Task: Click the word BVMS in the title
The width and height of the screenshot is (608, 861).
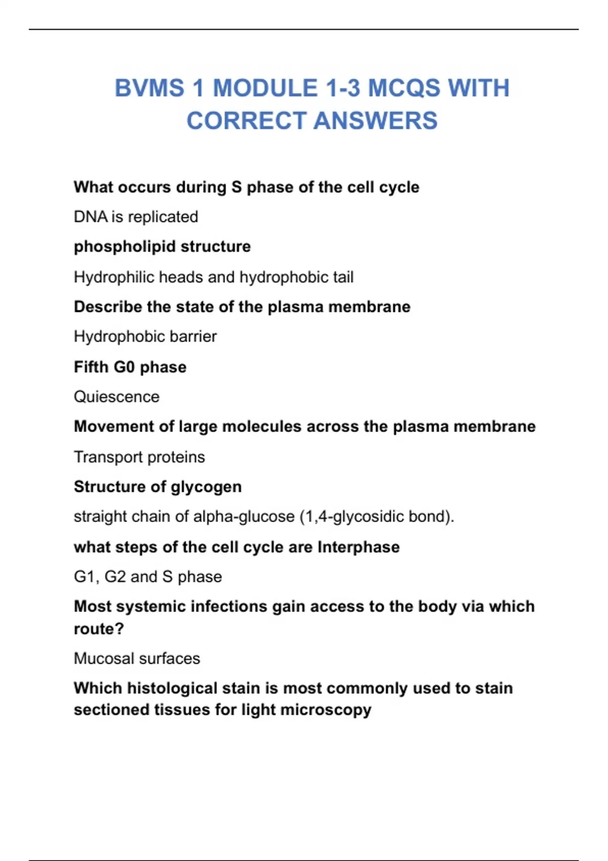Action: click(149, 88)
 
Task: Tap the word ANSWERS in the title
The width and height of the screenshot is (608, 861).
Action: click(375, 121)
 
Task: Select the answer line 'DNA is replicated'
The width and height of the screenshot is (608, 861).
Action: click(136, 217)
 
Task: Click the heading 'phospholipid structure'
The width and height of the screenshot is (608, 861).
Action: click(162, 247)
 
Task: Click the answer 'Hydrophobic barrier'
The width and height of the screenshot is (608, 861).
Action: click(145, 336)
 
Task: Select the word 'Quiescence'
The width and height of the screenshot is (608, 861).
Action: click(117, 397)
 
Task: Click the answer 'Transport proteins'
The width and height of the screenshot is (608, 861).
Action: click(139, 457)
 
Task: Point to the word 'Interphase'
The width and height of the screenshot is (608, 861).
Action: click(358, 547)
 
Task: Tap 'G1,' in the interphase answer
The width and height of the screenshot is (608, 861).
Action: click(87, 577)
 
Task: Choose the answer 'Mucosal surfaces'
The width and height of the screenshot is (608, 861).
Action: click(137, 658)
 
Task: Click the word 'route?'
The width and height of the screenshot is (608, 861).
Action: click(99, 629)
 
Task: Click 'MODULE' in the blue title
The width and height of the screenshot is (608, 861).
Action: click(265, 88)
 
